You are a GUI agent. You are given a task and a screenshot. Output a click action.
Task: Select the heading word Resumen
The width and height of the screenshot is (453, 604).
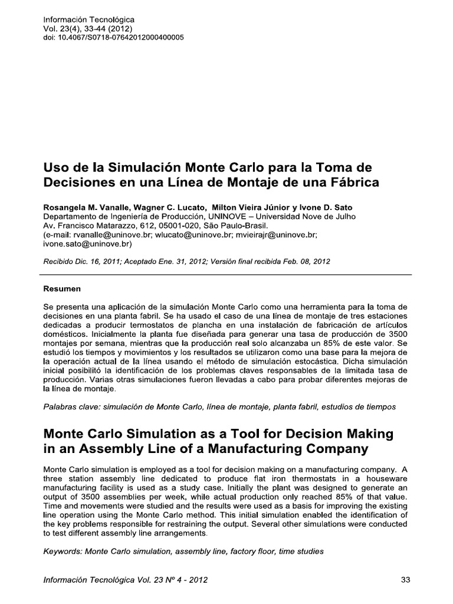click(63, 289)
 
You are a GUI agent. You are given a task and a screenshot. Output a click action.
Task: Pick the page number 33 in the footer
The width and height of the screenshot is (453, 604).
click(405, 580)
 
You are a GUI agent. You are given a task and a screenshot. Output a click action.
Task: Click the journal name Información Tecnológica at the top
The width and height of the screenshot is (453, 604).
click(89, 19)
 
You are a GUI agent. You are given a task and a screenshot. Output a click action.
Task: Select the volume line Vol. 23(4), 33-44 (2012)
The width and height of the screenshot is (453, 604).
click(88, 28)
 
